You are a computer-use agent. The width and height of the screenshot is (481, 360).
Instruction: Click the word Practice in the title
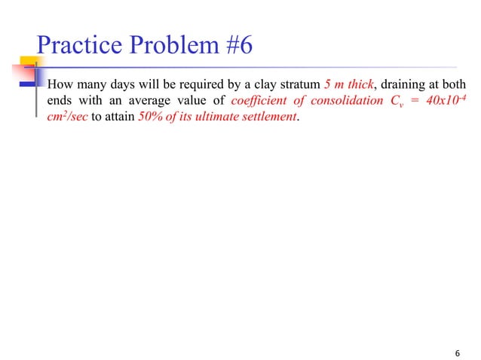click(x=78, y=46)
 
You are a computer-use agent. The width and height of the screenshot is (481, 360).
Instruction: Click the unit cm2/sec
click(x=67, y=117)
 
